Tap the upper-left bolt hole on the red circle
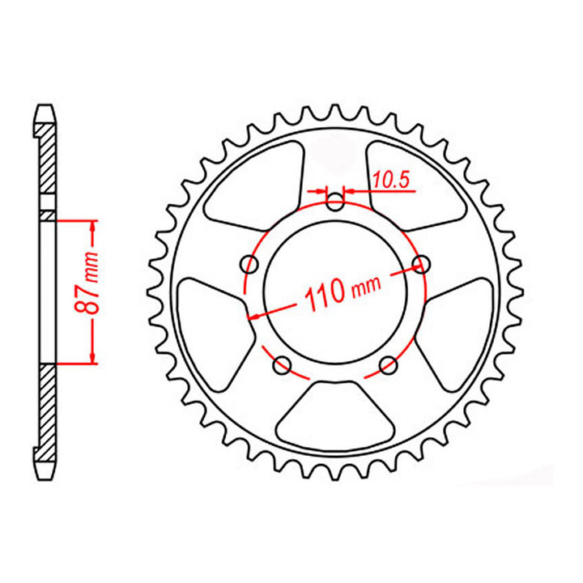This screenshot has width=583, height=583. coord(250,265)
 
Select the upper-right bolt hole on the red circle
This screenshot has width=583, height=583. coord(419,262)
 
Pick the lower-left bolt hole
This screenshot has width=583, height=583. coord(283,365)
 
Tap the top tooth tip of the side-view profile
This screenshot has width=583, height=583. coord(46,106)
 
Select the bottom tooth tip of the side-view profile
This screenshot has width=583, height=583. coord(46,474)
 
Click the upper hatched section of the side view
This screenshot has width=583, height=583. coord(48,162)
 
